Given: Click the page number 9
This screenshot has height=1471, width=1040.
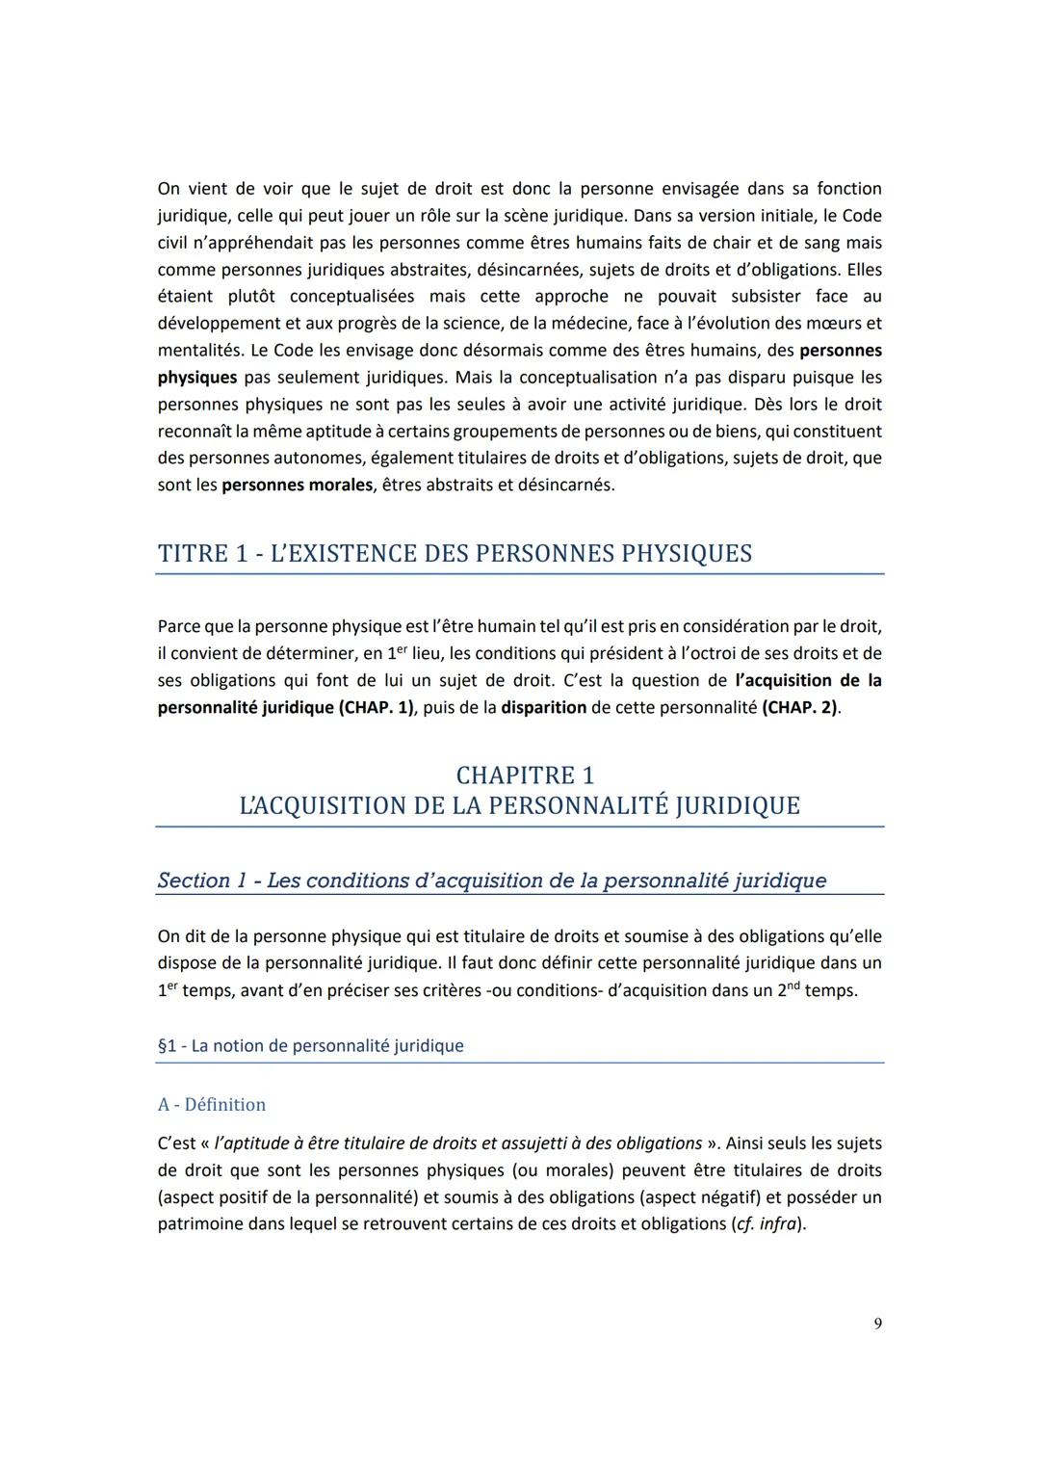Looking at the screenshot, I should (x=877, y=1324).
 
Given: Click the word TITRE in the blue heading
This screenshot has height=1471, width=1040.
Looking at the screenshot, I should (x=192, y=554).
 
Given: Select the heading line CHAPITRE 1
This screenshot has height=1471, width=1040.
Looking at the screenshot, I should (x=525, y=775).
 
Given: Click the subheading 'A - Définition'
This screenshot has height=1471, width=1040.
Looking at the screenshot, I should (x=212, y=1104).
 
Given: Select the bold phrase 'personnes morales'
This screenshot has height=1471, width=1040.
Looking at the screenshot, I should (x=297, y=485).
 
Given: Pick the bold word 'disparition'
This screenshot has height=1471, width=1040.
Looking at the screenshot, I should (x=543, y=707).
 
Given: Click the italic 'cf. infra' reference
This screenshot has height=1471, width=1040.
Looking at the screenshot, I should (x=767, y=1224).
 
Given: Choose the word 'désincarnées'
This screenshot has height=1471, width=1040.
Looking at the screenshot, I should (x=527, y=269).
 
